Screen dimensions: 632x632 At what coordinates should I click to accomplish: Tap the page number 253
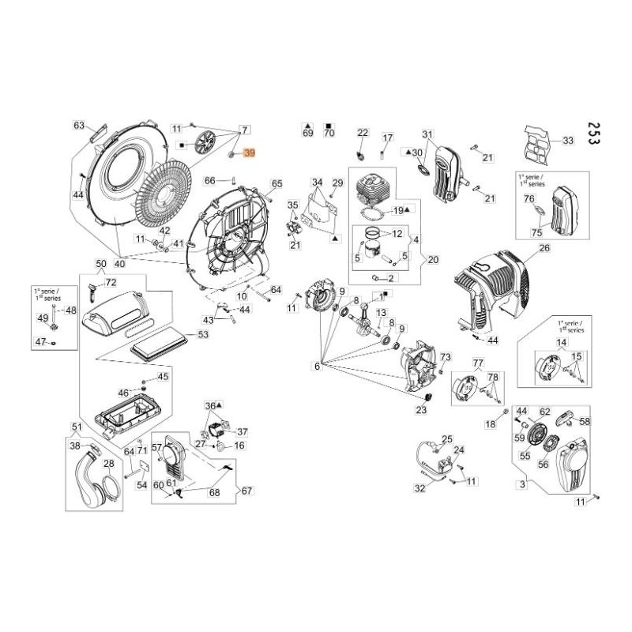coord(594,135)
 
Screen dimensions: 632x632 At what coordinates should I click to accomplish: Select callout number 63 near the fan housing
coord(79,126)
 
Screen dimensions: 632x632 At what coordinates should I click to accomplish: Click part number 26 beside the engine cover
coord(544,248)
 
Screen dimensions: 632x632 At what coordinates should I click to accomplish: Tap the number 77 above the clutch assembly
coord(477,363)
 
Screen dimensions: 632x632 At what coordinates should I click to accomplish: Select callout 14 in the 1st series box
coord(562,342)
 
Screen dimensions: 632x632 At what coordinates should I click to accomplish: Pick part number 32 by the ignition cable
coord(419,488)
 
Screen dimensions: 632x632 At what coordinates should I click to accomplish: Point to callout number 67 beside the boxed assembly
coord(247,491)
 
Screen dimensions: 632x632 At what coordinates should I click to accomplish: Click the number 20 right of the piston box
coord(432,259)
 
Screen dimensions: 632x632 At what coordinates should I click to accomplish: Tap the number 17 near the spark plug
coord(387,137)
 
